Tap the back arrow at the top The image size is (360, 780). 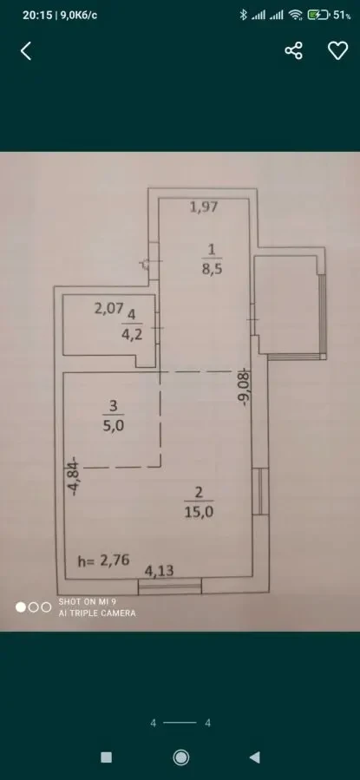tap(26, 51)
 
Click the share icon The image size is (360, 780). tap(294, 51)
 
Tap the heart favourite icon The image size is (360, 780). tap(337, 51)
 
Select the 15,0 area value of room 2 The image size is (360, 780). tap(200, 511)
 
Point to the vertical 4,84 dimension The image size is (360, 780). tap(75, 476)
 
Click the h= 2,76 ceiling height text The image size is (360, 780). tap(103, 560)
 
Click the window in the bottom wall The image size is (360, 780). tap(168, 588)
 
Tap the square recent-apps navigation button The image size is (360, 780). tap(106, 757)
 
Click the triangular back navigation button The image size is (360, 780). tap(255, 757)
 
